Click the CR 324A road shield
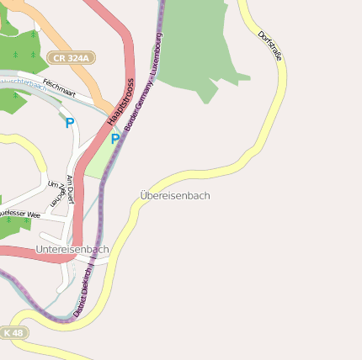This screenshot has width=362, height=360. point(72,58)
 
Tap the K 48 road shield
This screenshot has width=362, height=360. point(13,333)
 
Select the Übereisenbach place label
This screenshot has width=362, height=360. point(175,196)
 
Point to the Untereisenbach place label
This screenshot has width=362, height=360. point(72,250)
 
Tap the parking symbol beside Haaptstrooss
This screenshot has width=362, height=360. point(114,140)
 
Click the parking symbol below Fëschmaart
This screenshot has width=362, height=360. point(69,123)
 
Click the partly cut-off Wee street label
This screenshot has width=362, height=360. point(21,214)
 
